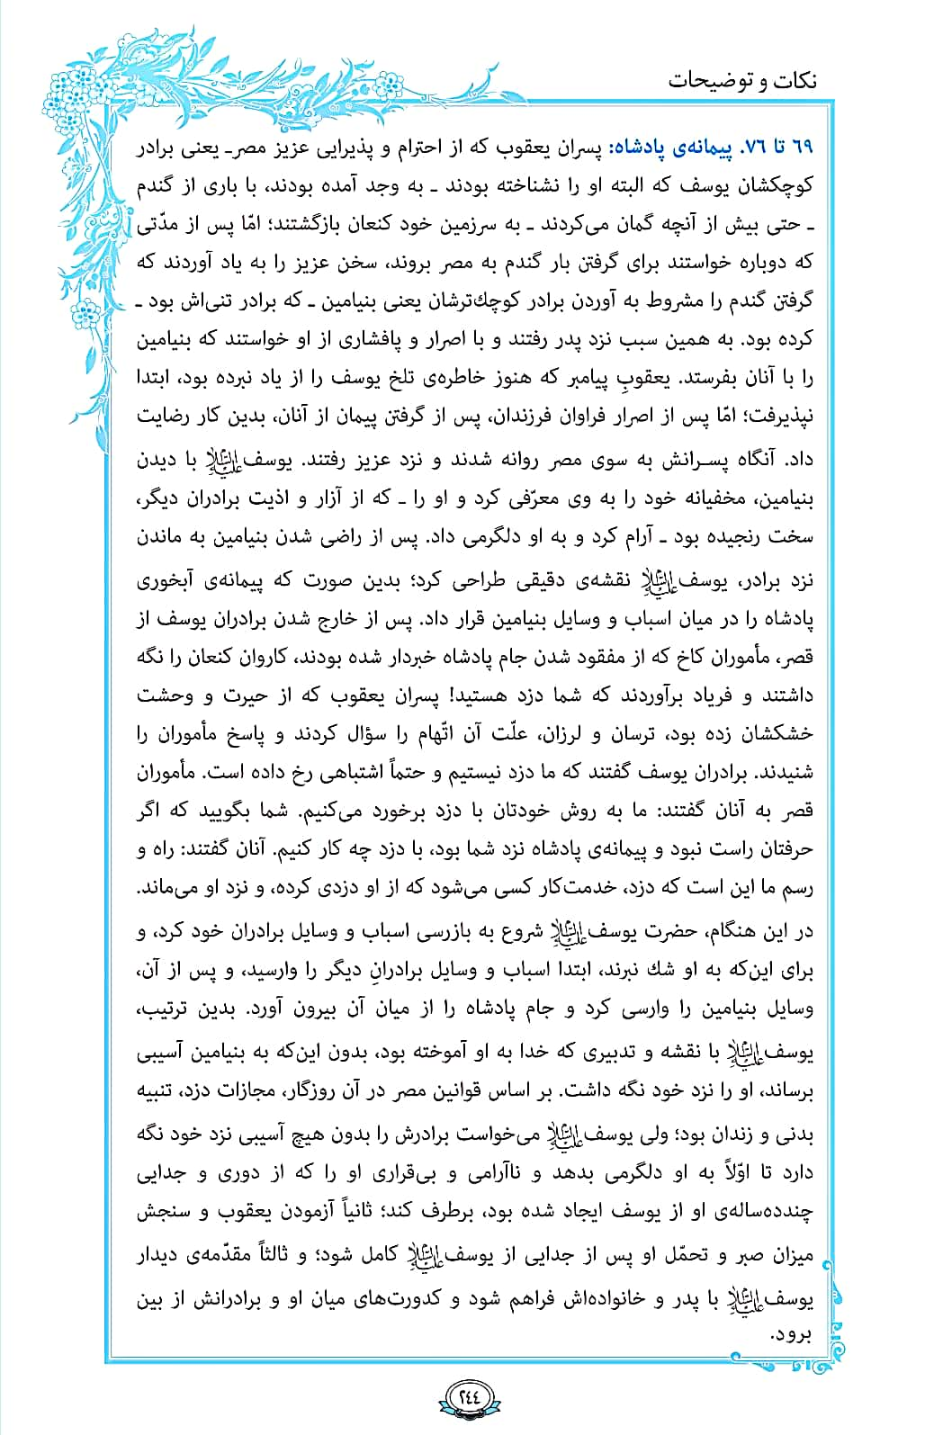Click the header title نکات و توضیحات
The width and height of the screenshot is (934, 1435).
tap(742, 81)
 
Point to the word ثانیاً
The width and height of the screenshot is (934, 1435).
tap(376, 1212)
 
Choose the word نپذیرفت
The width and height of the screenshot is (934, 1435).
tap(774, 418)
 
